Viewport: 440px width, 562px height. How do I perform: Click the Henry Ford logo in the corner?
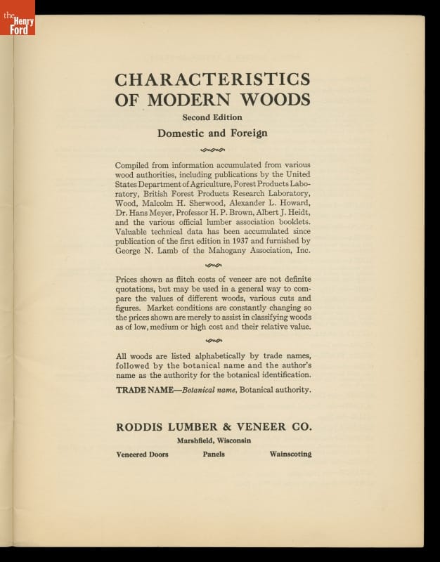click(17, 17)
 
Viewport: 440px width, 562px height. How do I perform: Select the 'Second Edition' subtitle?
click(212, 117)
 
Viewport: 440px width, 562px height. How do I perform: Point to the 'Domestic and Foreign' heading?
click(212, 132)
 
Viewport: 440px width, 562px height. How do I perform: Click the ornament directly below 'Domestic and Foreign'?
click(212, 149)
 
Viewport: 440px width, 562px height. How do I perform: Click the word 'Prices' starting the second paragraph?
click(129, 279)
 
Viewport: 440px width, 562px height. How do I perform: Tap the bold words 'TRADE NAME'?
click(146, 389)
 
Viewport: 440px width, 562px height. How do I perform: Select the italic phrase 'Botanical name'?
click(209, 389)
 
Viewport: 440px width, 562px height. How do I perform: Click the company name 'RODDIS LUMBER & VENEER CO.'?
click(213, 427)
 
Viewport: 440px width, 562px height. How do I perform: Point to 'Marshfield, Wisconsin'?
click(213, 441)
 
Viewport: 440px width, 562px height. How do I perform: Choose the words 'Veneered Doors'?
click(142, 455)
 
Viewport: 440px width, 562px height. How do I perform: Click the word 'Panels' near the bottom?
click(214, 455)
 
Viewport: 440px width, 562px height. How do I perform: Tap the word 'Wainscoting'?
click(290, 455)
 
